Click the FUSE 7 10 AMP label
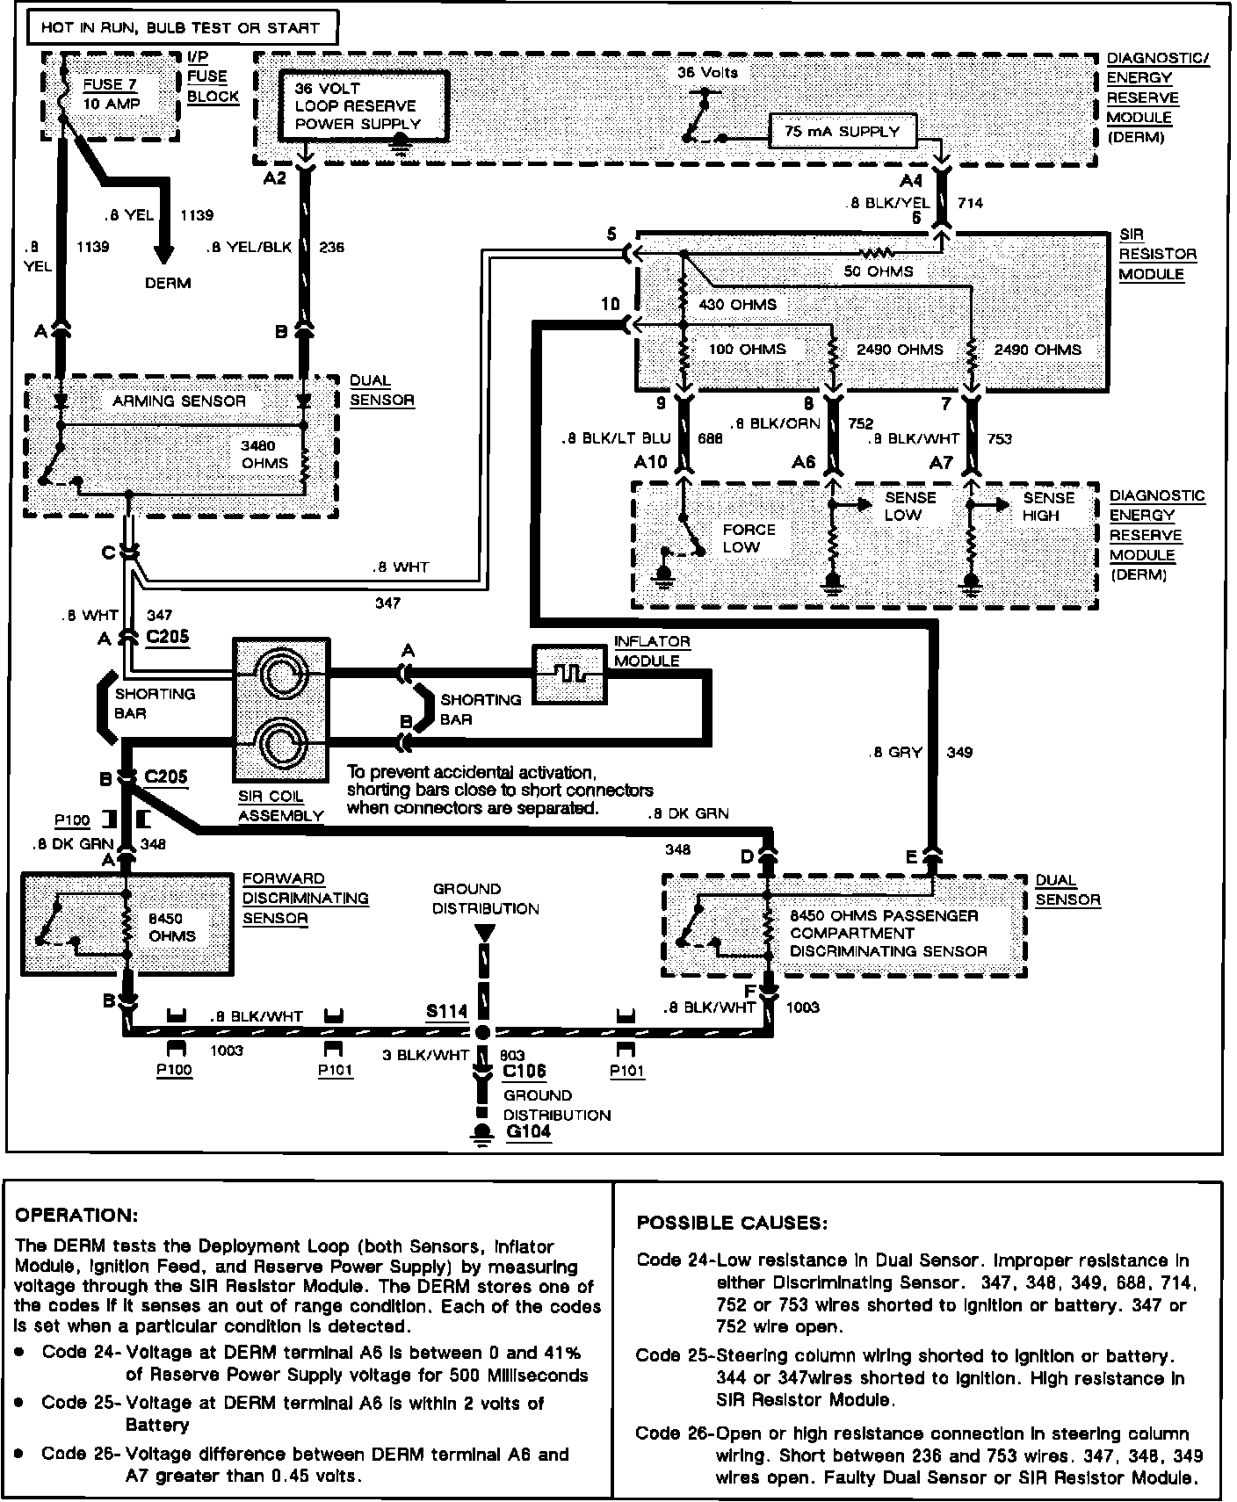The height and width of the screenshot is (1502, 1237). click(111, 94)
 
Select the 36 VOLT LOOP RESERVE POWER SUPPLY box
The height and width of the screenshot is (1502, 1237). click(361, 106)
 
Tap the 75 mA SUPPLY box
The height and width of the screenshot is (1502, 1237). click(842, 132)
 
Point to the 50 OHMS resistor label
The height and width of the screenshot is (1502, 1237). click(878, 271)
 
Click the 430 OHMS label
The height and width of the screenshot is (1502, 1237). click(736, 305)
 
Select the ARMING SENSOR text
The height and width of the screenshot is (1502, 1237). click(179, 401)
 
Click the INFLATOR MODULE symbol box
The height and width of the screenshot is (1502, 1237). click(569, 674)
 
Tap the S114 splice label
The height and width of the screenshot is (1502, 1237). click(446, 1011)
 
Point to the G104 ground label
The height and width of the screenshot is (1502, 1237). click(529, 1131)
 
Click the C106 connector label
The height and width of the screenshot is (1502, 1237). click(524, 1071)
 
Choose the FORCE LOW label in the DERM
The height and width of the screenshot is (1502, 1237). click(749, 538)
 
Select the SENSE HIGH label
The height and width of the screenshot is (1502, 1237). click(1048, 506)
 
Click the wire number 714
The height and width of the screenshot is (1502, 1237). click(970, 203)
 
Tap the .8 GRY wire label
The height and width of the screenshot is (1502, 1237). click(894, 752)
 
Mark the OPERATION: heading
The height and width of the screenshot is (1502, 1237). click(76, 1216)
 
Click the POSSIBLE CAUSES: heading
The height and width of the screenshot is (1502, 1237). click(732, 1223)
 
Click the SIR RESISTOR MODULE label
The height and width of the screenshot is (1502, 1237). click(1157, 255)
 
